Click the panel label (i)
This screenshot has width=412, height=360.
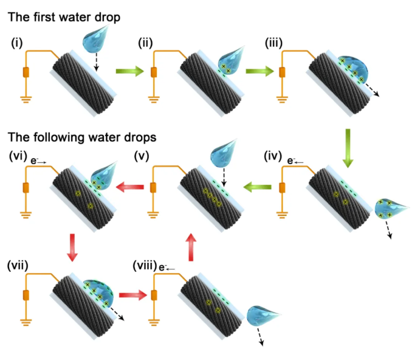pyautogui.click(x=16, y=43)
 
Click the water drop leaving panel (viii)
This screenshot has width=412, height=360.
pyautogui.click(x=261, y=319)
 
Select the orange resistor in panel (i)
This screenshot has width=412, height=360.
pyautogui.click(x=26, y=73)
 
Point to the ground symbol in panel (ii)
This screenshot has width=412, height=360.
pyautogui.click(x=154, y=97)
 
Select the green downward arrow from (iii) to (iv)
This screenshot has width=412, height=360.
pyautogui.click(x=348, y=148)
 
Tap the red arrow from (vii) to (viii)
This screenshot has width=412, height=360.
pyautogui.click(x=132, y=296)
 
